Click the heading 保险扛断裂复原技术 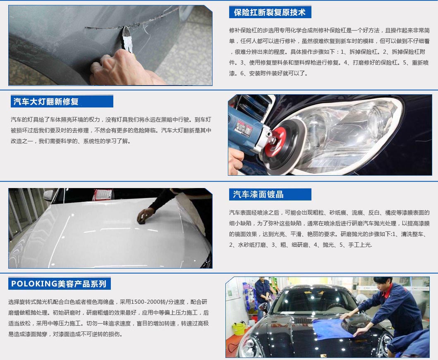point(270,12)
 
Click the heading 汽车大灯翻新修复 point(46,102)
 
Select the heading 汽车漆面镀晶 point(258,194)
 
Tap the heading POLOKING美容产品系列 point(59,284)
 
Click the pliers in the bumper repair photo point(127,39)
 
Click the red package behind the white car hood point(103,194)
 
